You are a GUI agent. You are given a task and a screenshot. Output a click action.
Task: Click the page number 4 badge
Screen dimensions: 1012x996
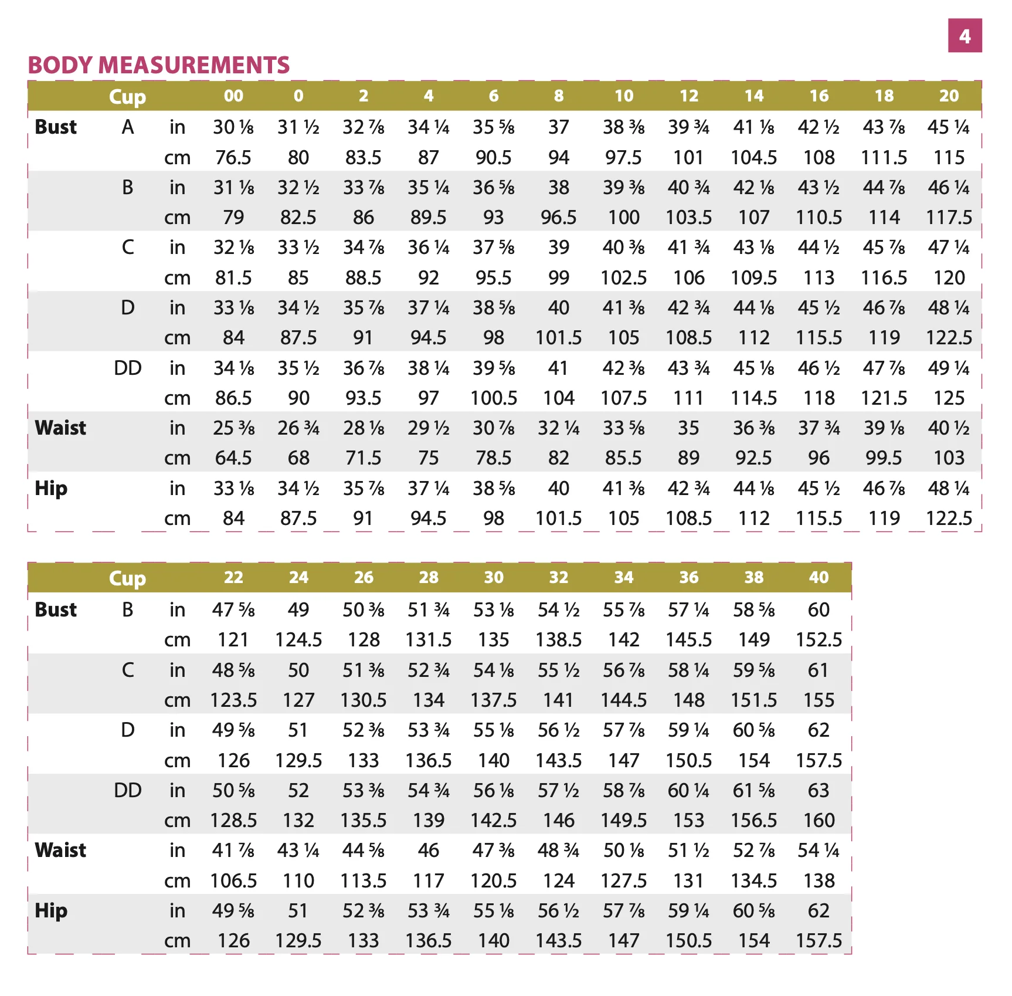click(x=965, y=36)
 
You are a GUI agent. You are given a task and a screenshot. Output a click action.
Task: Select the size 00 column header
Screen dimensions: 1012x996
click(x=233, y=96)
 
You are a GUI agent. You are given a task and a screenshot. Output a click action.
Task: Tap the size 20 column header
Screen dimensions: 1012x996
click(x=949, y=96)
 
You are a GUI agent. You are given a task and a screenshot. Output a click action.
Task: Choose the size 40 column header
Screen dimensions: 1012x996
click(x=819, y=577)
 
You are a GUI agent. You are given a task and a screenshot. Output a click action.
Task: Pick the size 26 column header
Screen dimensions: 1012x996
click(x=364, y=577)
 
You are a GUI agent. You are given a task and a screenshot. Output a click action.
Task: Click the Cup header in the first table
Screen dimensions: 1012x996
click(x=127, y=97)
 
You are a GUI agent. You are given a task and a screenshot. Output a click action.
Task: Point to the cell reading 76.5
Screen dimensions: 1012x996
click(x=233, y=157)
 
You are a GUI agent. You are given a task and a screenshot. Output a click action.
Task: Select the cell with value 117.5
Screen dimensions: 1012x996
click(x=949, y=218)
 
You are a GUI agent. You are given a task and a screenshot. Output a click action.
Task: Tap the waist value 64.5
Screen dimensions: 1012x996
click(x=233, y=458)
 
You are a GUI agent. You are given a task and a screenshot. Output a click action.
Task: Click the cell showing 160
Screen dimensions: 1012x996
click(x=819, y=820)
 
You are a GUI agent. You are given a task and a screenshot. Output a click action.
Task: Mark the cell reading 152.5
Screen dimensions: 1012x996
click(x=819, y=640)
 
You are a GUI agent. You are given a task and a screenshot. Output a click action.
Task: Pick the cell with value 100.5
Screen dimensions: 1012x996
click(x=494, y=398)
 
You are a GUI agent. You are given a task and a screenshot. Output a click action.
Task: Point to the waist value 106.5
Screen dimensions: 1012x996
click(x=233, y=880)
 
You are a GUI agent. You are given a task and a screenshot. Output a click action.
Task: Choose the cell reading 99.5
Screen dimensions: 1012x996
click(x=884, y=458)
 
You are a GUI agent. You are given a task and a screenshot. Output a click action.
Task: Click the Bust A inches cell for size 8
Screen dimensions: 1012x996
click(x=559, y=127)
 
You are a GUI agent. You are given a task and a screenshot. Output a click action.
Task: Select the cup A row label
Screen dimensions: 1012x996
click(x=128, y=127)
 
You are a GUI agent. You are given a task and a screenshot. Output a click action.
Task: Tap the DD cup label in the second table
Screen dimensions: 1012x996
click(x=128, y=790)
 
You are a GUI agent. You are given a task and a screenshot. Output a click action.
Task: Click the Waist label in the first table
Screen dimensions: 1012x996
click(x=60, y=428)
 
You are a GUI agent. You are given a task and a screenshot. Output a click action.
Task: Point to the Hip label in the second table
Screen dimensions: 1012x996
click(x=51, y=911)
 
